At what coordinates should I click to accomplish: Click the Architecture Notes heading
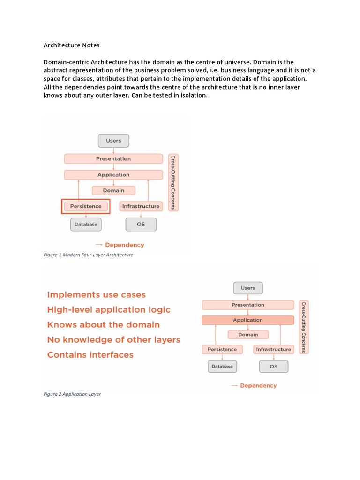pyautogui.click(x=72, y=45)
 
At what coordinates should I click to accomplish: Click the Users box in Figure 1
pyautogui.click(x=113, y=141)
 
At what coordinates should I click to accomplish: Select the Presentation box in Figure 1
pyautogui.click(x=113, y=159)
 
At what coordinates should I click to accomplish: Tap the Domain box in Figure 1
pyautogui.click(x=113, y=190)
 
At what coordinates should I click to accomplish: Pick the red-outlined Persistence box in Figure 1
pyautogui.click(x=86, y=206)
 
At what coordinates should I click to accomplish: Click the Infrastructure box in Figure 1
pyautogui.click(x=141, y=206)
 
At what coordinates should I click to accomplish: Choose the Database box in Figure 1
pyautogui.click(x=86, y=225)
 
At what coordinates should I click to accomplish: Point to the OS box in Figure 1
pyautogui.click(x=141, y=225)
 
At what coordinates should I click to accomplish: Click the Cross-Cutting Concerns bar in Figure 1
pyautogui.click(x=173, y=182)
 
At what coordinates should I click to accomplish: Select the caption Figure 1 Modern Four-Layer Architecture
pyautogui.click(x=89, y=255)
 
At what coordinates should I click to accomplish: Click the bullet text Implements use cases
pyautogui.click(x=97, y=295)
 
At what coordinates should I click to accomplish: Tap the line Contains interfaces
pyautogui.click(x=90, y=355)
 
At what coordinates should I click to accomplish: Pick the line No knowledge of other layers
pyautogui.click(x=114, y=340)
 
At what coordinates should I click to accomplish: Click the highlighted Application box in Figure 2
pyautogui.click(x=248, y=320)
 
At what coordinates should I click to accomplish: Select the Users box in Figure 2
pyautogui.click(x=248, y=288)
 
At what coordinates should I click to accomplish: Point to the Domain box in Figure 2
pyautogui.click(x=248, y=335)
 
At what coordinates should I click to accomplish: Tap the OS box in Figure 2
pyautogui.click(x=274, y=367)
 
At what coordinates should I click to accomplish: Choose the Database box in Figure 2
pyautogui.click(x=222, y=367)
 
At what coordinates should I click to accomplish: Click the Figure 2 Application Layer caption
pyautogui.click(x=72, y=394)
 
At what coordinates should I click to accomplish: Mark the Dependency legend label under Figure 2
pyautogui.click(x=258, y=386)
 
